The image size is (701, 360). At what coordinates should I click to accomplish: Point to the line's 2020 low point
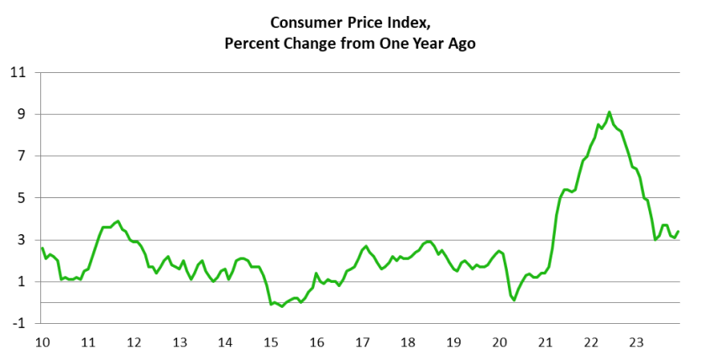pos(514,300)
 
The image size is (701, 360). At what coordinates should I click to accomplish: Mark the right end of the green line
pos(678,232)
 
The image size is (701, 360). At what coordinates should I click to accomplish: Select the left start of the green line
pos(42,248)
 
